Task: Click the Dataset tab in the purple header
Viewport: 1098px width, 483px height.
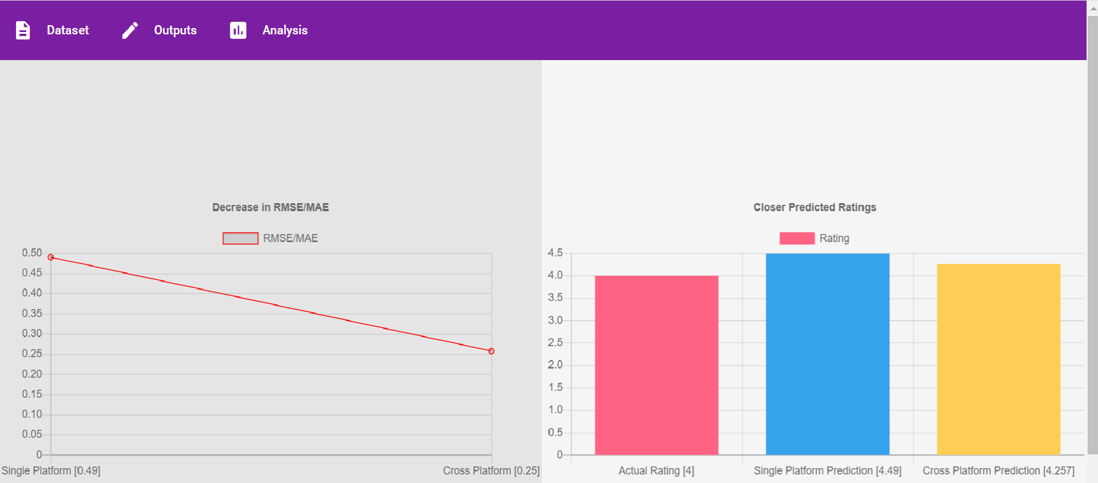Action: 67,30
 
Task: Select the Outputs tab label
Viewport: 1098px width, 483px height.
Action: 175,30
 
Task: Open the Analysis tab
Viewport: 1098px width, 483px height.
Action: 285,30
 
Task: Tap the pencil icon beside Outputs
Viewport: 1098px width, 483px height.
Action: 130,30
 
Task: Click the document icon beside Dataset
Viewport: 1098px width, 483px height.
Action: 23,30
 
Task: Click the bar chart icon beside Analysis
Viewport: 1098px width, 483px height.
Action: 238,30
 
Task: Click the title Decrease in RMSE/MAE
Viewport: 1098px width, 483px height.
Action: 270,207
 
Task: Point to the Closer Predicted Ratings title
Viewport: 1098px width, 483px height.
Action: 814,207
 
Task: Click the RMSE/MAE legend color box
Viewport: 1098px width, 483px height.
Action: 240,238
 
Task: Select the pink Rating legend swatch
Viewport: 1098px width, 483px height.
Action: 797,238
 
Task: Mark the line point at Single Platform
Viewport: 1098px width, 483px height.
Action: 51,258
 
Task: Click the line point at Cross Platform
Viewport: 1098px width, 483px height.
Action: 491,351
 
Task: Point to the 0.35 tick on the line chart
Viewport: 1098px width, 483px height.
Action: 32,313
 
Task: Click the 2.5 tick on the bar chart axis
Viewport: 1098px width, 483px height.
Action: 555,342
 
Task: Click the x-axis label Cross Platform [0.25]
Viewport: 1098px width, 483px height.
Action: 491,470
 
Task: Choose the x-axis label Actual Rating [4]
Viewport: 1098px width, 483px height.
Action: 656,470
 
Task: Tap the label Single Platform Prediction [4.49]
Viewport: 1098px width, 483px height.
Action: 827,470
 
